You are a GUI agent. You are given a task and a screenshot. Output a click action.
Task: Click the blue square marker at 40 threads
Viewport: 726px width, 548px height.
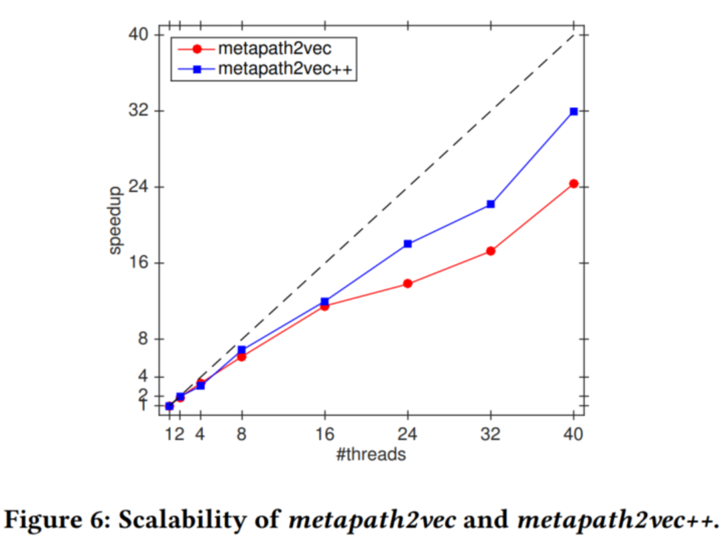click(x=574, y=111)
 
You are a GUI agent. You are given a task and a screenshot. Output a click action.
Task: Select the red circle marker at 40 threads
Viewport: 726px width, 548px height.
click(x=574, y=184)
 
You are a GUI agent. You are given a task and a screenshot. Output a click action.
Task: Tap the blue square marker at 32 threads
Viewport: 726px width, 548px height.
click(x=491, y=204)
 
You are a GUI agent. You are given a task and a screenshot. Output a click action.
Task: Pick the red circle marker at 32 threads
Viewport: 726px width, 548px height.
click(x=491, y=251)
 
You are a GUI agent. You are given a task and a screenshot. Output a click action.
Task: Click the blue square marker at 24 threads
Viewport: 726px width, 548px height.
click(x=408, y=244)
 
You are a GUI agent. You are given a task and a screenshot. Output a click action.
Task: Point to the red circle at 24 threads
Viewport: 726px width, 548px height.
click(x=408, y=283)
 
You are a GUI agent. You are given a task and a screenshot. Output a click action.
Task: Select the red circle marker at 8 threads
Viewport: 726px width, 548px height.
click(x=241, y=357)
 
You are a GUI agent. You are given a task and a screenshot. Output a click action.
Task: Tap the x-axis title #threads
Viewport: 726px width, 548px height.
click(x=371, y=455)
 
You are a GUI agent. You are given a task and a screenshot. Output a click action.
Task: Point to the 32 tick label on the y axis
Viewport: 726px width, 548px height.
click(x=139, y=111)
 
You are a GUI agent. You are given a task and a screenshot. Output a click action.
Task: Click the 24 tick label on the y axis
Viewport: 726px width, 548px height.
click(x=139, y=187)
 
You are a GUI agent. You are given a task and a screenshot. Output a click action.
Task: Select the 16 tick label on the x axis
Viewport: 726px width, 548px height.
click(x=324, y=434)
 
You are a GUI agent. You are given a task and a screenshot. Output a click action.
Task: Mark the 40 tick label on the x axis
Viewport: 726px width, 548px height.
click(x=574, y=434)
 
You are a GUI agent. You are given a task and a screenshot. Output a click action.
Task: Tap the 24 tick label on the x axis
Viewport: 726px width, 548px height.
click(x=408, y=434)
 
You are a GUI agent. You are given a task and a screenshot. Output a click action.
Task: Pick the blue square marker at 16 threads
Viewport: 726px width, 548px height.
click(x=324, y=301)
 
